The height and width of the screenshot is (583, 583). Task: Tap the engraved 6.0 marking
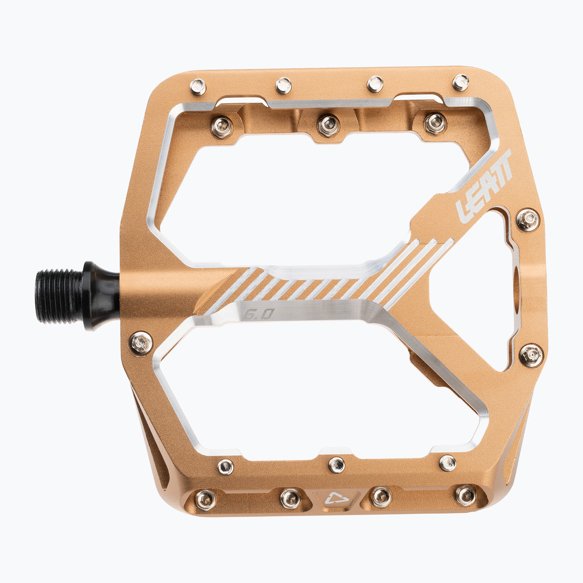258,315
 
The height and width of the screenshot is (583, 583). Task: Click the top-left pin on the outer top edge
198,87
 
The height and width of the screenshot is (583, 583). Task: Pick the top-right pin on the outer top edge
461,82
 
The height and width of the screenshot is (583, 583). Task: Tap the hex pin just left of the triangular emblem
291,498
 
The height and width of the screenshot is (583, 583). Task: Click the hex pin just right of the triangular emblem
381,496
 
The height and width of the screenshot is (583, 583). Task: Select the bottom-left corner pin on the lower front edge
206,500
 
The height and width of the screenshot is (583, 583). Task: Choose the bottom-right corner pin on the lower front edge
466,495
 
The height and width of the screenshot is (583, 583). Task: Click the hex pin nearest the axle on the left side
141,343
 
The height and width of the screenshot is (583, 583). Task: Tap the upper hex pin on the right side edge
527,220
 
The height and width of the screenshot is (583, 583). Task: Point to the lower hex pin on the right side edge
531,355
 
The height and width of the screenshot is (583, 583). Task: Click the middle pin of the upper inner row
328,125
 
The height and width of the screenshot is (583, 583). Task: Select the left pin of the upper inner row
222,127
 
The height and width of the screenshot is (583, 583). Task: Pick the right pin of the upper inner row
435,124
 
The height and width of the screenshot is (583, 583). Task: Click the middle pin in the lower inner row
336,465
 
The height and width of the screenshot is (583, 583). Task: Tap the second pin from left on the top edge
284,85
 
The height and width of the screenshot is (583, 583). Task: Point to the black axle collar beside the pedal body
101,296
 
